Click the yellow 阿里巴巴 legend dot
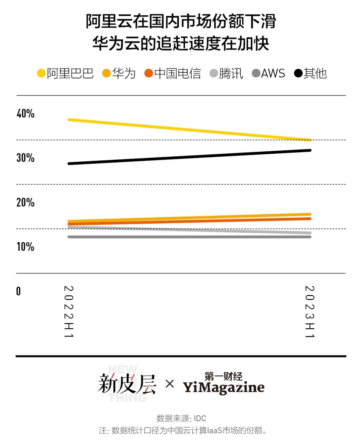point(41,73)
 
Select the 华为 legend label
point(124,73)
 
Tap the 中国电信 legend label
point(177,73)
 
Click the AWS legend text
point(273,73)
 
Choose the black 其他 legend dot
point(298,73)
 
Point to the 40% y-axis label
point(25,114)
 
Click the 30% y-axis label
point(25,158)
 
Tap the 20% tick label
point(25,202)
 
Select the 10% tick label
point(25,247)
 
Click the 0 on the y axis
point(18,291)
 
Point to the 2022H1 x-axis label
point(69,311)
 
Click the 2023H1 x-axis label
point(309,311)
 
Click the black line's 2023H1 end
point(310,150)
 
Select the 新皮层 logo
point(127,384)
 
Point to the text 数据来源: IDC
point(181,418)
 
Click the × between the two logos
point(170,384)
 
